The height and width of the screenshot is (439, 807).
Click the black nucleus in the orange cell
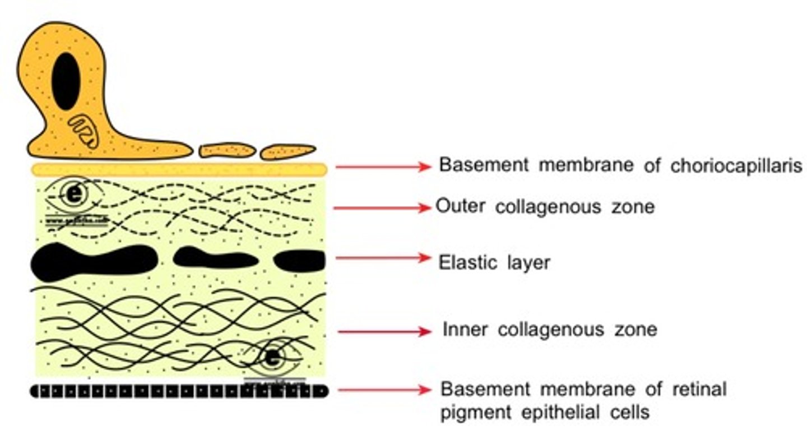66,81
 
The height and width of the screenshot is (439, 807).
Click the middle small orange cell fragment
227,150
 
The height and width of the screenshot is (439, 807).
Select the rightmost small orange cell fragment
288,151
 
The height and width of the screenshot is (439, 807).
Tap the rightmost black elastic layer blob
299,261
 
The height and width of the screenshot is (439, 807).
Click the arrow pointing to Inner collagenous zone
384,332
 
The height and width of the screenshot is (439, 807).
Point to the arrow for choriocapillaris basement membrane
383,167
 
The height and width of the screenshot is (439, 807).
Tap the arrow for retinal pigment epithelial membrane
384,390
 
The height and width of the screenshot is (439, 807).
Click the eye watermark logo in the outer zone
73,195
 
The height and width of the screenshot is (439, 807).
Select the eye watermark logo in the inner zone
272,358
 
